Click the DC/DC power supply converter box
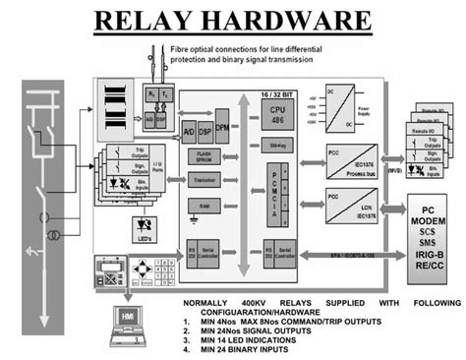338,107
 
